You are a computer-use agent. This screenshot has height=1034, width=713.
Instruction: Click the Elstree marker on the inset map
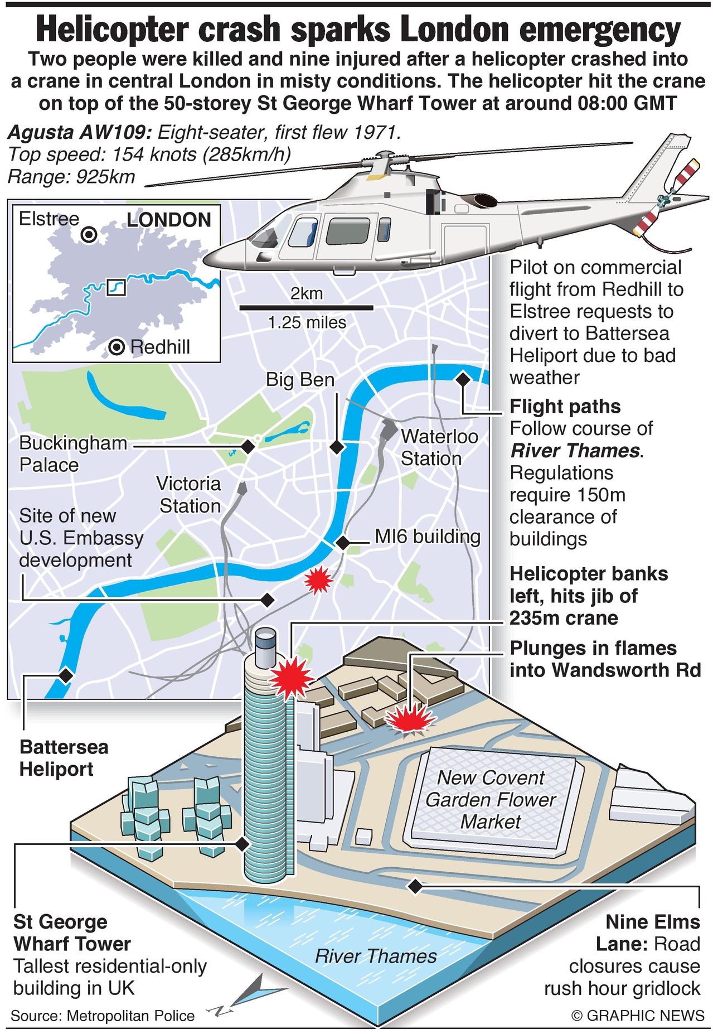point(89,235)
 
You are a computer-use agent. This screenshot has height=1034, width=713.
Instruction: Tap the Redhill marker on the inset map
point(116,347)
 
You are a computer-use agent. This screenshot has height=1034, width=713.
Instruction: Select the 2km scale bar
point(306,307)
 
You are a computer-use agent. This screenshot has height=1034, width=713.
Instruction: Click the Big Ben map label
point(300,380)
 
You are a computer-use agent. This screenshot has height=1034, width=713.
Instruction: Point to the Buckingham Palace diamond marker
point(248,446)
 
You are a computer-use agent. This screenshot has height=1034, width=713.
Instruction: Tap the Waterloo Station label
point(439,447)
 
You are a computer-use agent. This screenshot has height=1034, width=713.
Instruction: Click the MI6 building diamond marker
point(342,542)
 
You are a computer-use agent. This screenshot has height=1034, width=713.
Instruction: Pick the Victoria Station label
point(189,495)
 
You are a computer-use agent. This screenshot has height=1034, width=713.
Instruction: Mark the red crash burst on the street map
point(318,580)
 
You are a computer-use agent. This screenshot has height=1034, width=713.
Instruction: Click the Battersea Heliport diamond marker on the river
point(66,675)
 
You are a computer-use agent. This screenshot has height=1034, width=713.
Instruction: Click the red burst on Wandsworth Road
point(410,719)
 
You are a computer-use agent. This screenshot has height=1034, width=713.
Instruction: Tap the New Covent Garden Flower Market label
point(491,799)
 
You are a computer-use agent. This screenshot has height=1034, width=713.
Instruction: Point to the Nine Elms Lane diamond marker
point(415,886)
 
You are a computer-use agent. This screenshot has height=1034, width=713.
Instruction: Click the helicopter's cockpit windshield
point(266,234)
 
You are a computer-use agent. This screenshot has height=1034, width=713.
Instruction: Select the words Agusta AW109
point(79,133)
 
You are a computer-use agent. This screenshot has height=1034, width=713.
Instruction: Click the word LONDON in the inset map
point(169,220)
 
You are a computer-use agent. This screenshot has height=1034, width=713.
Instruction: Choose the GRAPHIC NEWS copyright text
point(638,1015)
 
